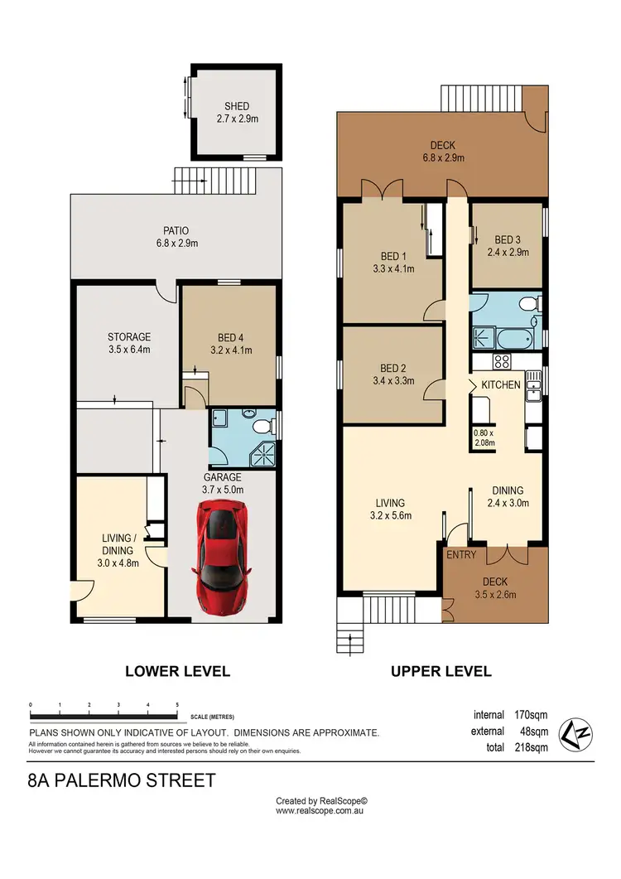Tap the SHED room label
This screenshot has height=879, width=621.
tap(236, 113)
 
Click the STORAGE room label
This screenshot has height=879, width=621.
tap(128, 343)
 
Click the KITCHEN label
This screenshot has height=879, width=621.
tap(500, 384)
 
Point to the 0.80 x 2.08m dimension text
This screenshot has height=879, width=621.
tap(483, 437)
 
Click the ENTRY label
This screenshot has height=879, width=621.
tap(461, 554)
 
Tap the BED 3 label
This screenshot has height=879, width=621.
tap(507, 246)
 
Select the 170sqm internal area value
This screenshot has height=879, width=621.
tap(530, 715)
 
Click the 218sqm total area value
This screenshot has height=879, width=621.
tap(530, 747)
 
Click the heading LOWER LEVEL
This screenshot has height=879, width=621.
tap(177, 671)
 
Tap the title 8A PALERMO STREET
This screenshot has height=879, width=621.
tap(121, 780)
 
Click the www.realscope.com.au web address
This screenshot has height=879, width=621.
tap(321, 812)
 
